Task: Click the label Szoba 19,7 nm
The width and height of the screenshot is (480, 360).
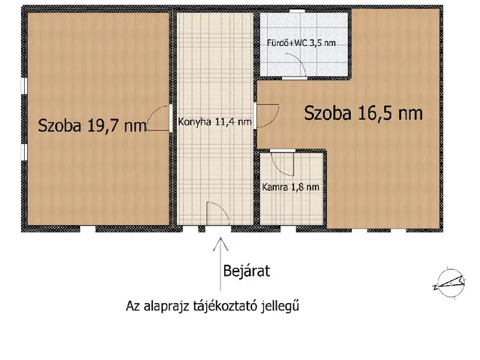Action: click(x=92, y=125)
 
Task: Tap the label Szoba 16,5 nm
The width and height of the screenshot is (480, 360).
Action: click(x=363, y=113)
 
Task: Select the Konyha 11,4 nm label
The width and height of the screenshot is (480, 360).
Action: click(x=214, y=123)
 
